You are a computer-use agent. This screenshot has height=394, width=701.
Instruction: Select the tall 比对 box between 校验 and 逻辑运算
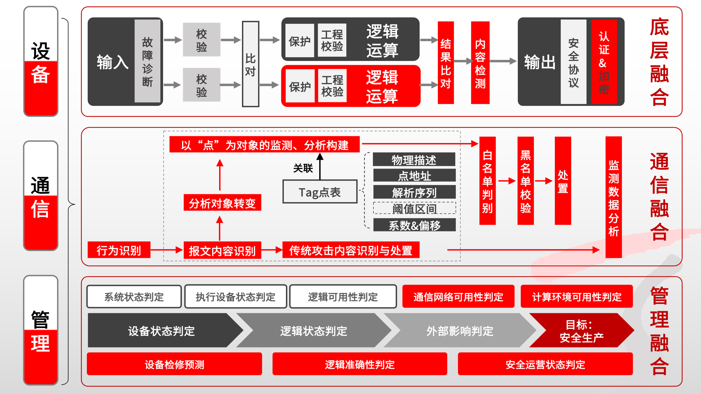[x=250, y=64]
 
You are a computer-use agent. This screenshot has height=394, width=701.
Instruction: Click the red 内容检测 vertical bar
[x=480, y=63]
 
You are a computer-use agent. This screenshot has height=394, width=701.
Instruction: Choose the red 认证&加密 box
[x=604, y=62]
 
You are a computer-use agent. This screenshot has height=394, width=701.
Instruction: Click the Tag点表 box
[x=320, y=192]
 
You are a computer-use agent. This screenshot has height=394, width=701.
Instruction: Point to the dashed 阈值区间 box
[x=414, y=208]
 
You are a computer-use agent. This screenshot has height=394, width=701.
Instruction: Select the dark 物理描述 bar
[x=414, y=160]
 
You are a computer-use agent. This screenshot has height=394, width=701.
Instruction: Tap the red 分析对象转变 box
[x=222, y=203]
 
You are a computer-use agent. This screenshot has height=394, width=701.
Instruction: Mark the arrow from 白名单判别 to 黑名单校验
[x=507, y=181]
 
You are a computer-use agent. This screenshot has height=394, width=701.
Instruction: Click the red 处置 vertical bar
[x=563, y=181]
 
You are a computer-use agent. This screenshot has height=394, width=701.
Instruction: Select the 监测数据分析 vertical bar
[x=613, y=197]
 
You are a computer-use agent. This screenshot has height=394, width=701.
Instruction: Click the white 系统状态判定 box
[x=134, y=297]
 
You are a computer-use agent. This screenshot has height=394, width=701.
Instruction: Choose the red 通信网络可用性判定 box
[x=458, y=297]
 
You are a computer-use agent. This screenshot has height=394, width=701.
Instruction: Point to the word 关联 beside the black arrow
[x=303, y=168]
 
